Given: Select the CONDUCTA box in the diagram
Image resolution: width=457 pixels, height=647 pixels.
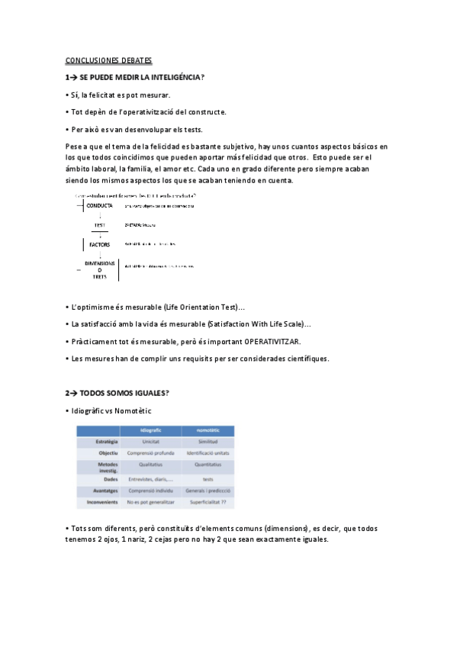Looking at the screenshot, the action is coord(100,206).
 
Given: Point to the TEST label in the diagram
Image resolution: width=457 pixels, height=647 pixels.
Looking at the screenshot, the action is coord(100,226).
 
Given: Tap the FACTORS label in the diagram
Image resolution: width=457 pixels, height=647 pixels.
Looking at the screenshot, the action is coord(100,245).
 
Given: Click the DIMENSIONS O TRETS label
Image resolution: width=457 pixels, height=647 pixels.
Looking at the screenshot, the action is coord(100,270).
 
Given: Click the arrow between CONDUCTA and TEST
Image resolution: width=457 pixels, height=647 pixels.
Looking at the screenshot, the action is coord(100,216).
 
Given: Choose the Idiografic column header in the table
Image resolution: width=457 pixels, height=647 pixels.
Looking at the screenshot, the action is coord(151,431).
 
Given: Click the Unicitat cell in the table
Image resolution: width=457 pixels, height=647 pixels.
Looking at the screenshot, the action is coord(151,442).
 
